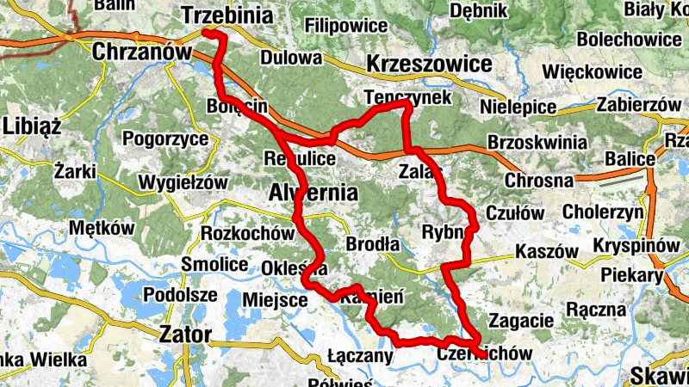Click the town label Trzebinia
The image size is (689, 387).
227,15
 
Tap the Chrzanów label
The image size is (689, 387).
140,52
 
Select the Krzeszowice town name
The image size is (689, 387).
429,64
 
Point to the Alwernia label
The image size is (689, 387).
313,191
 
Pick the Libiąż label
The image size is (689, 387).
32,126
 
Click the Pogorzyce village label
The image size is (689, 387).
165,138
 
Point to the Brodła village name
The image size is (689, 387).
372,244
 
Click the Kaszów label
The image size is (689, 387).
545,251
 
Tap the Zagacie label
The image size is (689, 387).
520,321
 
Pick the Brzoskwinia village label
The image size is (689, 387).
530,141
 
